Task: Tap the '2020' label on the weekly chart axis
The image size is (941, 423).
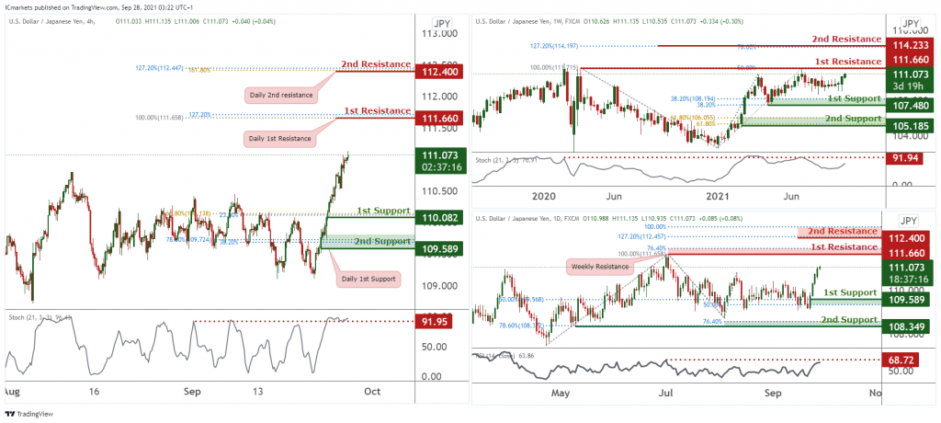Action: (x=544, y=196)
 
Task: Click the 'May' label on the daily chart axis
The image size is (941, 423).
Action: (x=561, y=393)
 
